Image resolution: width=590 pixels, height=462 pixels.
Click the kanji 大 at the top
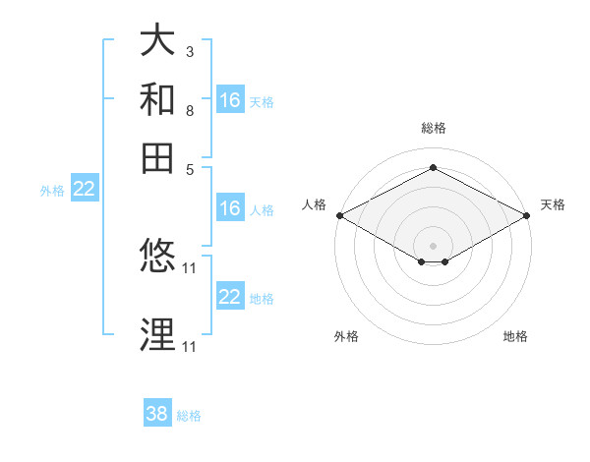click(157, 40)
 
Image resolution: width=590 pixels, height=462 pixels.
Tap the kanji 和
click(157, 99)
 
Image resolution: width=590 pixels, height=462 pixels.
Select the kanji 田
click(157, 157)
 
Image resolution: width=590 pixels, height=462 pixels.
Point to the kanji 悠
click(157, 257)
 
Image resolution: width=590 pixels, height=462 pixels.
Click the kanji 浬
click(157, 334)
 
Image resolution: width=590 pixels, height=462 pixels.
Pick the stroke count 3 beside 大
click(189, 51)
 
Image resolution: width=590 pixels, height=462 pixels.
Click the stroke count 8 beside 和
click(189, 110)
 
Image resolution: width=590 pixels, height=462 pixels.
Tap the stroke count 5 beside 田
click(189, 168)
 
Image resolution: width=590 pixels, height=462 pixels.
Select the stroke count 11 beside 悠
click(191, 267)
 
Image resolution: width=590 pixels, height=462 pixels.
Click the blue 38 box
click(157, 414)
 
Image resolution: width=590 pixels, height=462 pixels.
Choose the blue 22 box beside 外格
click(84, 190)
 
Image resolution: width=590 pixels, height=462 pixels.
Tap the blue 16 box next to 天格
click(230, 100)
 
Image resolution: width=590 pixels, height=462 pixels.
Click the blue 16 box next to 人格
click(230, 208)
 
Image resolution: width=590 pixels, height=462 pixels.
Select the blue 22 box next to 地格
click(230, 297)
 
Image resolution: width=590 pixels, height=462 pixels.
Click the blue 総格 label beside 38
click(189, 416)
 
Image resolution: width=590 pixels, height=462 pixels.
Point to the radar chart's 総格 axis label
click(433, 128)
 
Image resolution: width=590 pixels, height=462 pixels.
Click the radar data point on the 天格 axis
click(527, 215)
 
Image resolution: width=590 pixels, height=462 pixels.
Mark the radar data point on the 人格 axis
click(339, 215)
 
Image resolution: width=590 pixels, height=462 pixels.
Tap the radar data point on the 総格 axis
click(433, 168)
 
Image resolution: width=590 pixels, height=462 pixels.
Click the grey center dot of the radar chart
click(433, 245)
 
